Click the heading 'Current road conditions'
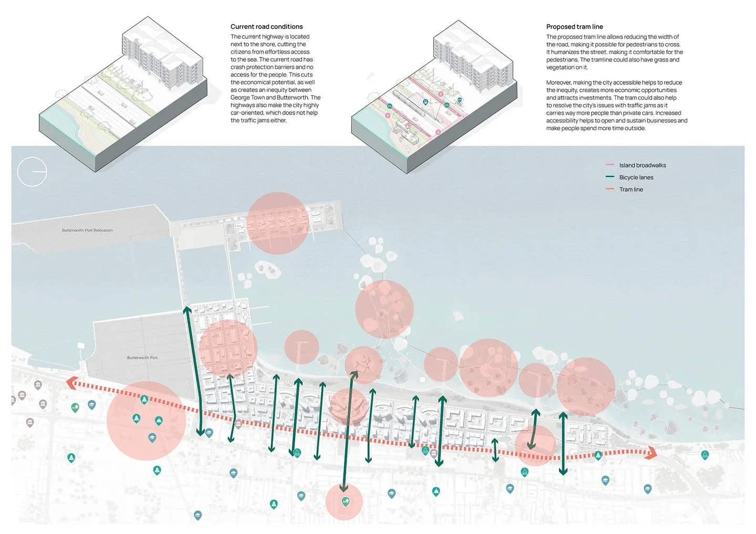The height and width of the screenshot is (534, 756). tap(266, 27)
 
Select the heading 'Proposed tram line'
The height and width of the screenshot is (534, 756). tap(574, 27)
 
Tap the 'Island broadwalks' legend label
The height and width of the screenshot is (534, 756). tap(642, 165)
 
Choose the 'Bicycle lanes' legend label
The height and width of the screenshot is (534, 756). tap(636, 177)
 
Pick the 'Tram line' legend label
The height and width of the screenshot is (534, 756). tap(631, 190)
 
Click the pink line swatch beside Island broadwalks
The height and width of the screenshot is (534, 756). tap(610, 165)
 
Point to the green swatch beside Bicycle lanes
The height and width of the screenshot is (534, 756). tap(610, 177)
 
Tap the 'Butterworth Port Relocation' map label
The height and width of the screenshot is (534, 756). tap(87, 231)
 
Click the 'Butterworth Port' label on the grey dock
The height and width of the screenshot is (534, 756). tap(142, 358)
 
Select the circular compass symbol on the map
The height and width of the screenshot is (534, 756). tap(32, 172)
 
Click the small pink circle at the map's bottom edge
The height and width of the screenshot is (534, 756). tap(344, 501)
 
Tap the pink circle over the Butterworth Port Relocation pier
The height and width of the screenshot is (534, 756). tap(278, 223)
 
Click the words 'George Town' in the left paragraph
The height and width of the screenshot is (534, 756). tap(247, 98)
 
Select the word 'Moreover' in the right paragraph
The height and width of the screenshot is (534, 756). tap(559, 82)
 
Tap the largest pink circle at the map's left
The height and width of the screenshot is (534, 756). tap(146, 421)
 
